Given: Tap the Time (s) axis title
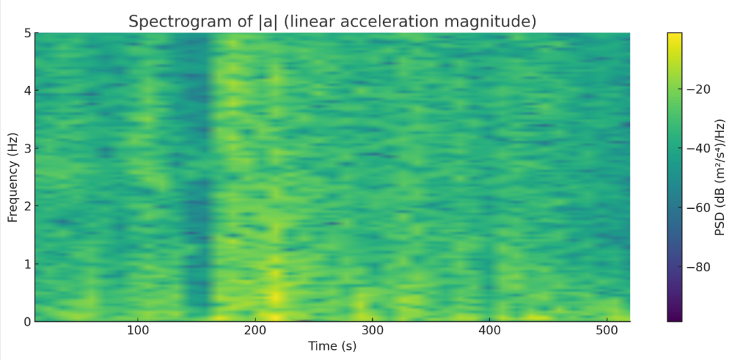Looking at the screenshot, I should click(332, 346).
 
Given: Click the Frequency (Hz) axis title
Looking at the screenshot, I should click(12, 178).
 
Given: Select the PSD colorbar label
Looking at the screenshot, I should click(720, 177).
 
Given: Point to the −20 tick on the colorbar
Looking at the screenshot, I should click(698, 89).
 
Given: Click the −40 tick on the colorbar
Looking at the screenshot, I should click(698, 148).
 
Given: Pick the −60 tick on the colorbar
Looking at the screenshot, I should click(698, 207).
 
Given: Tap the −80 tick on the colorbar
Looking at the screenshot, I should click(698, 266).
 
